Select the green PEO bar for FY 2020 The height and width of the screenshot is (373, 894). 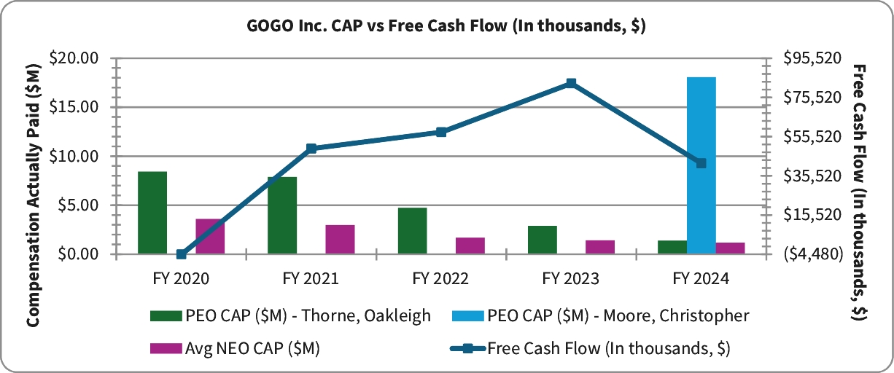point(152,213)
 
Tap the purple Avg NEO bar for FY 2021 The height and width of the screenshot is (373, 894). point(340,240)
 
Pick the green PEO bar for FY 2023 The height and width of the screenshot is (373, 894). point(543,240)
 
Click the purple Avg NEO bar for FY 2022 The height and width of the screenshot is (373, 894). point(470,246)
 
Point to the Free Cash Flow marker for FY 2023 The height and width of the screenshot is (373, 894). point(571,83)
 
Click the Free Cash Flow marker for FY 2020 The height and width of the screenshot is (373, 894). point(181,254)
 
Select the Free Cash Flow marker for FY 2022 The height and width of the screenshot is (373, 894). point(441,132)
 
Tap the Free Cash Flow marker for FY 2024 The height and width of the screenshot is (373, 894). point(701,163)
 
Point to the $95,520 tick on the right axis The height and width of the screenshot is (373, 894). point(811,58)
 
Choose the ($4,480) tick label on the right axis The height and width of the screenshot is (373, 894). point(811,254)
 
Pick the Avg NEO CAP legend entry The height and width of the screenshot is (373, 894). point(234,348)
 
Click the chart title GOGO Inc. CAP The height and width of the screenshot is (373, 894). point(446,26)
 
